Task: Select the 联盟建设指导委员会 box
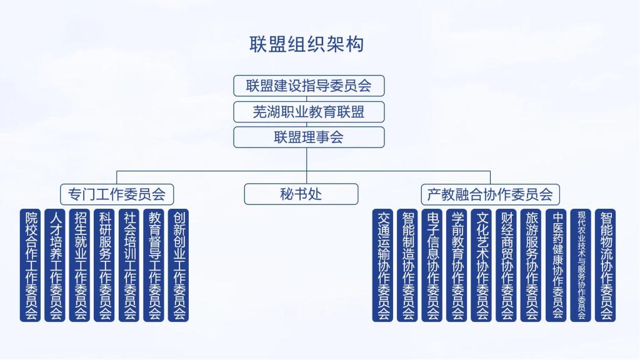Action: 309,86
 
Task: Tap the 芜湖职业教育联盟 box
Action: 309,112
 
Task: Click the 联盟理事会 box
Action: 309,137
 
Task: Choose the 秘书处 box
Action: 301,194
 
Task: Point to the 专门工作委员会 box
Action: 117,194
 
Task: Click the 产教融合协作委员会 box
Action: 490,194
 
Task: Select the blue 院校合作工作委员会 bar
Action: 31,265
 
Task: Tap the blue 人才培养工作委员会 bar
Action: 56,265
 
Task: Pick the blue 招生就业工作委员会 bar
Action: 80,265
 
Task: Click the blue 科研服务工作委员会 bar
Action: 104,265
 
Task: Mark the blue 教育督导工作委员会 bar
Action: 154,265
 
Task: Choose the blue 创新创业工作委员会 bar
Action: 179,265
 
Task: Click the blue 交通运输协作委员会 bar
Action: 382,265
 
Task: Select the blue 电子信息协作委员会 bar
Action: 432,265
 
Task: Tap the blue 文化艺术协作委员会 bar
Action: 481,265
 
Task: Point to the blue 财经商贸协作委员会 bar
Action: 506,265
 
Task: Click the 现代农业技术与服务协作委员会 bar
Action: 581,265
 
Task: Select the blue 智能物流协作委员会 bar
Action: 605,265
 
